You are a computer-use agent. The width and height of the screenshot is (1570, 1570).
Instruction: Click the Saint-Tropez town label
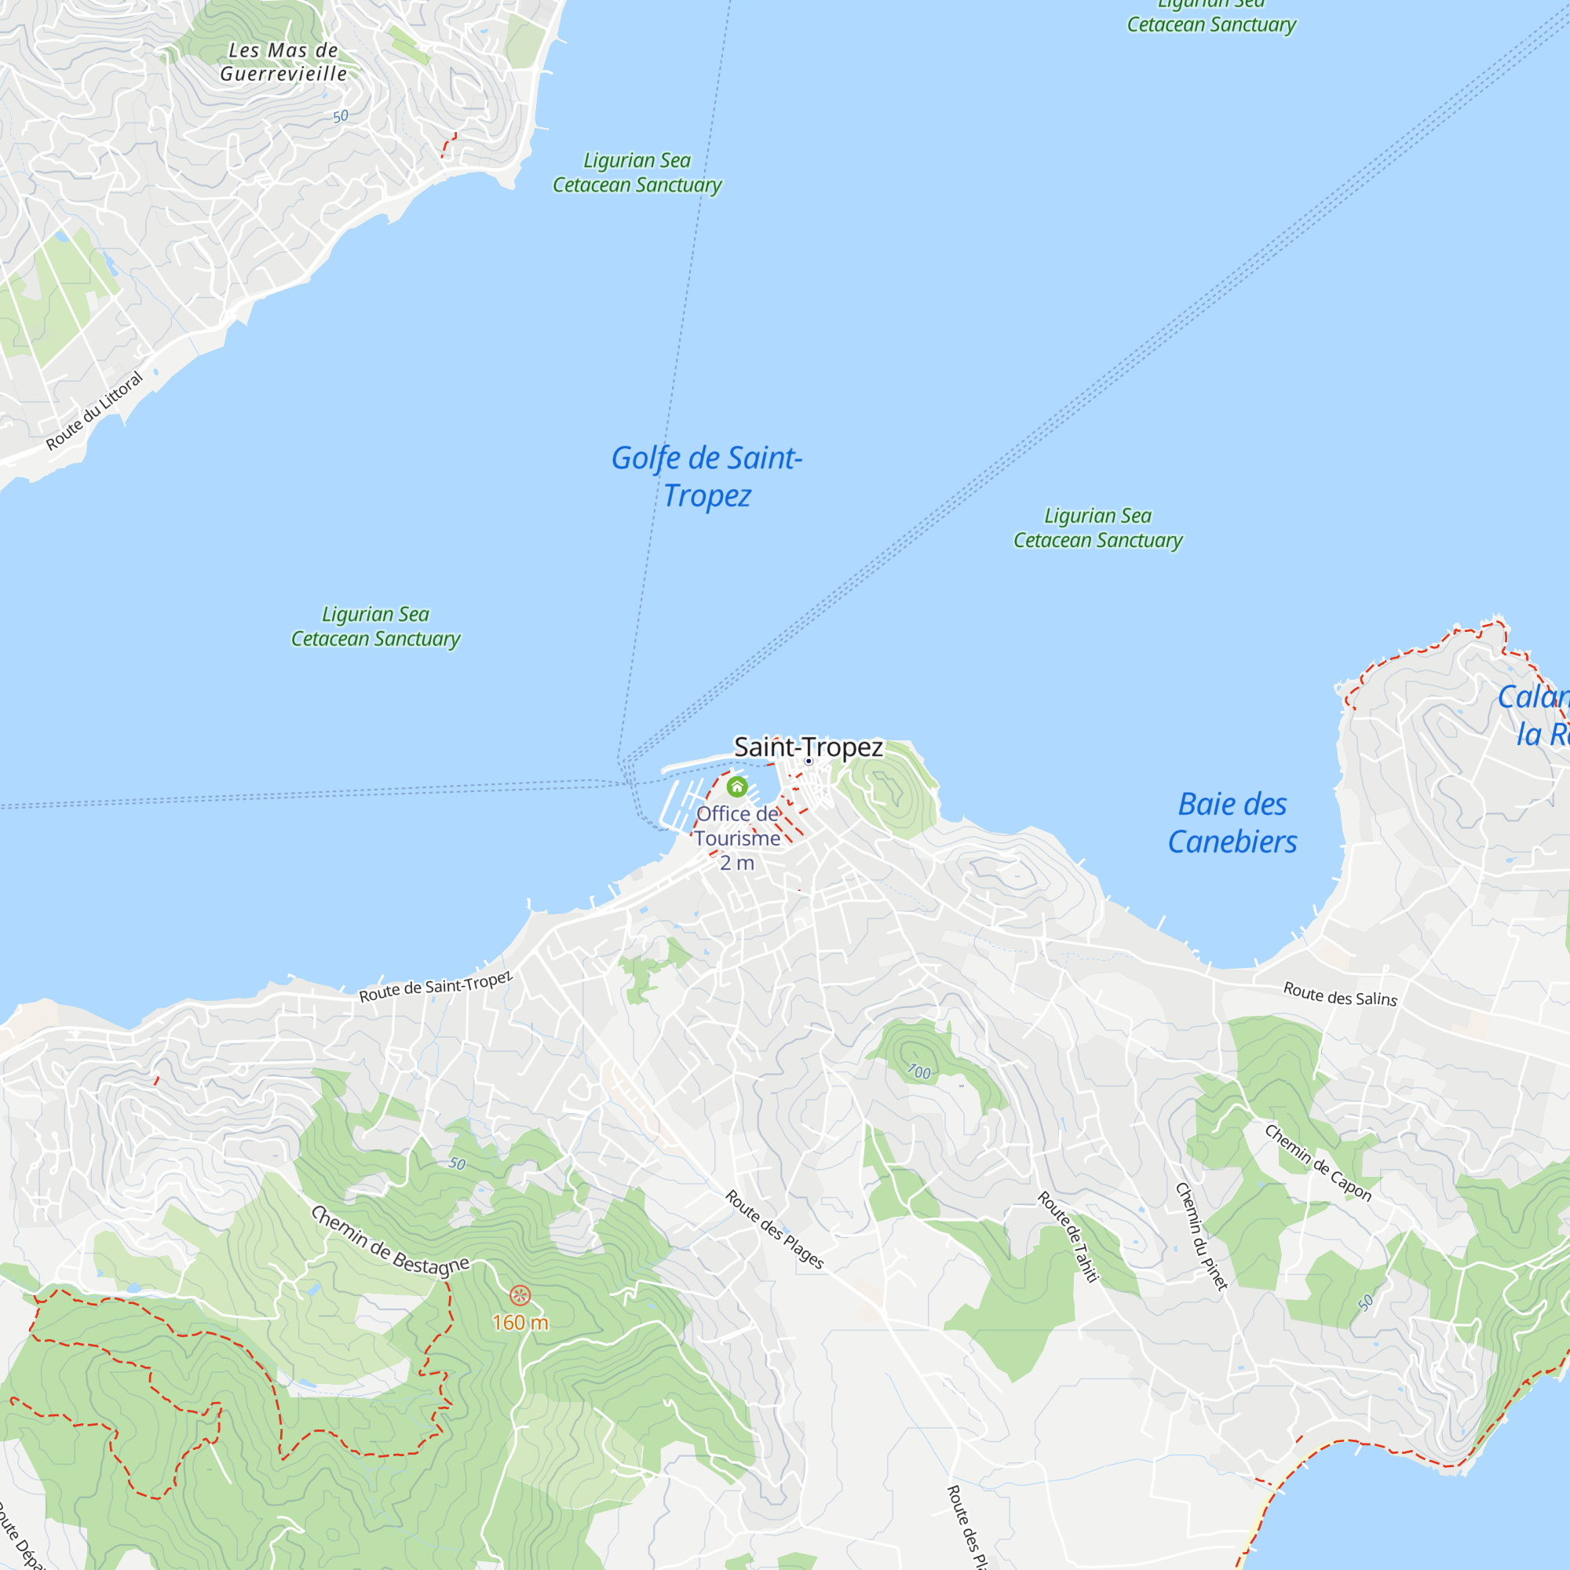(808, 747)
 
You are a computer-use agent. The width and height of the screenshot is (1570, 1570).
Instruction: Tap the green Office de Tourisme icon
(737, 787)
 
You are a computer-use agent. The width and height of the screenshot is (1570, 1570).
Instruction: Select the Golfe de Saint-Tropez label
(707, 476)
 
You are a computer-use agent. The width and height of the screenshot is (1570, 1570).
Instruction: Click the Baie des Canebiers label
(1232, 823)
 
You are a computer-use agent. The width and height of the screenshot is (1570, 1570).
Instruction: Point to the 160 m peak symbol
(520, 1295)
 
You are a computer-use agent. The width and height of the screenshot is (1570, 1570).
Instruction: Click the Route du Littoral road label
(94, 411)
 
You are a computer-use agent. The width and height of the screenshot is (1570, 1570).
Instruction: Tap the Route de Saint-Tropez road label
(436, 987)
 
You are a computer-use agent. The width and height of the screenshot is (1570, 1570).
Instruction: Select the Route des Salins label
(1340, 994)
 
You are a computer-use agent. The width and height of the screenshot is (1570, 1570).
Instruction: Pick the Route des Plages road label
(775, 1229)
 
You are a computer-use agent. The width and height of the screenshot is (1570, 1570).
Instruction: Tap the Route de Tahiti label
(1068, 1237)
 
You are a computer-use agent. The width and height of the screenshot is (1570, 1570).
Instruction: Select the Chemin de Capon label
(1318, 1163)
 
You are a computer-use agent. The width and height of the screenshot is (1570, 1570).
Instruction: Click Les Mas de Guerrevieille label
(283, 62)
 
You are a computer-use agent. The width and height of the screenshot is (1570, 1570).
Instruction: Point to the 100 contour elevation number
(919, 1072)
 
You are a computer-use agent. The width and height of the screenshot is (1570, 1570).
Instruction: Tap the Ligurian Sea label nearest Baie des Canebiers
(1097, 528)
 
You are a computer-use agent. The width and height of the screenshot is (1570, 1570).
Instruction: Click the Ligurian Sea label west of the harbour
(375, 626)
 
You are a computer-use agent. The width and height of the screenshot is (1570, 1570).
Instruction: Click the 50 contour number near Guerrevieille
(341, 116)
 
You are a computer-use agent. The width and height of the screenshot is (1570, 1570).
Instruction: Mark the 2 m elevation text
(737, 863)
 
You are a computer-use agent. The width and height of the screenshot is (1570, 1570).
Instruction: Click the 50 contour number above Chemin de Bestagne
(458, 1163)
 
